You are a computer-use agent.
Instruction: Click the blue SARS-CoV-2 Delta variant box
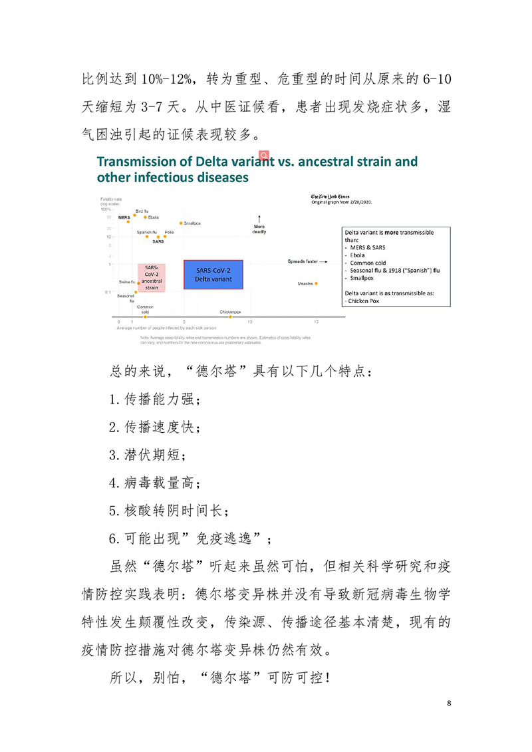213,275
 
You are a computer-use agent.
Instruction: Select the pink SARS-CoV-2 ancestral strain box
151,276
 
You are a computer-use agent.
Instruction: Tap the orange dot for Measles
316,283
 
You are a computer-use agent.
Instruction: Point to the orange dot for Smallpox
181,223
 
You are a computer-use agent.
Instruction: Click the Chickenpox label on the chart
230,312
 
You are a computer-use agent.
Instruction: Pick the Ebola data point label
154,217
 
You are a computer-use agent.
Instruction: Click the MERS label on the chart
124,217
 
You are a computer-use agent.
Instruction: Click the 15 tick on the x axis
316,322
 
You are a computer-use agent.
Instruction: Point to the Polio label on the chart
169,232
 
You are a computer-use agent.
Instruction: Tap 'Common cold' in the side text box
368,263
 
